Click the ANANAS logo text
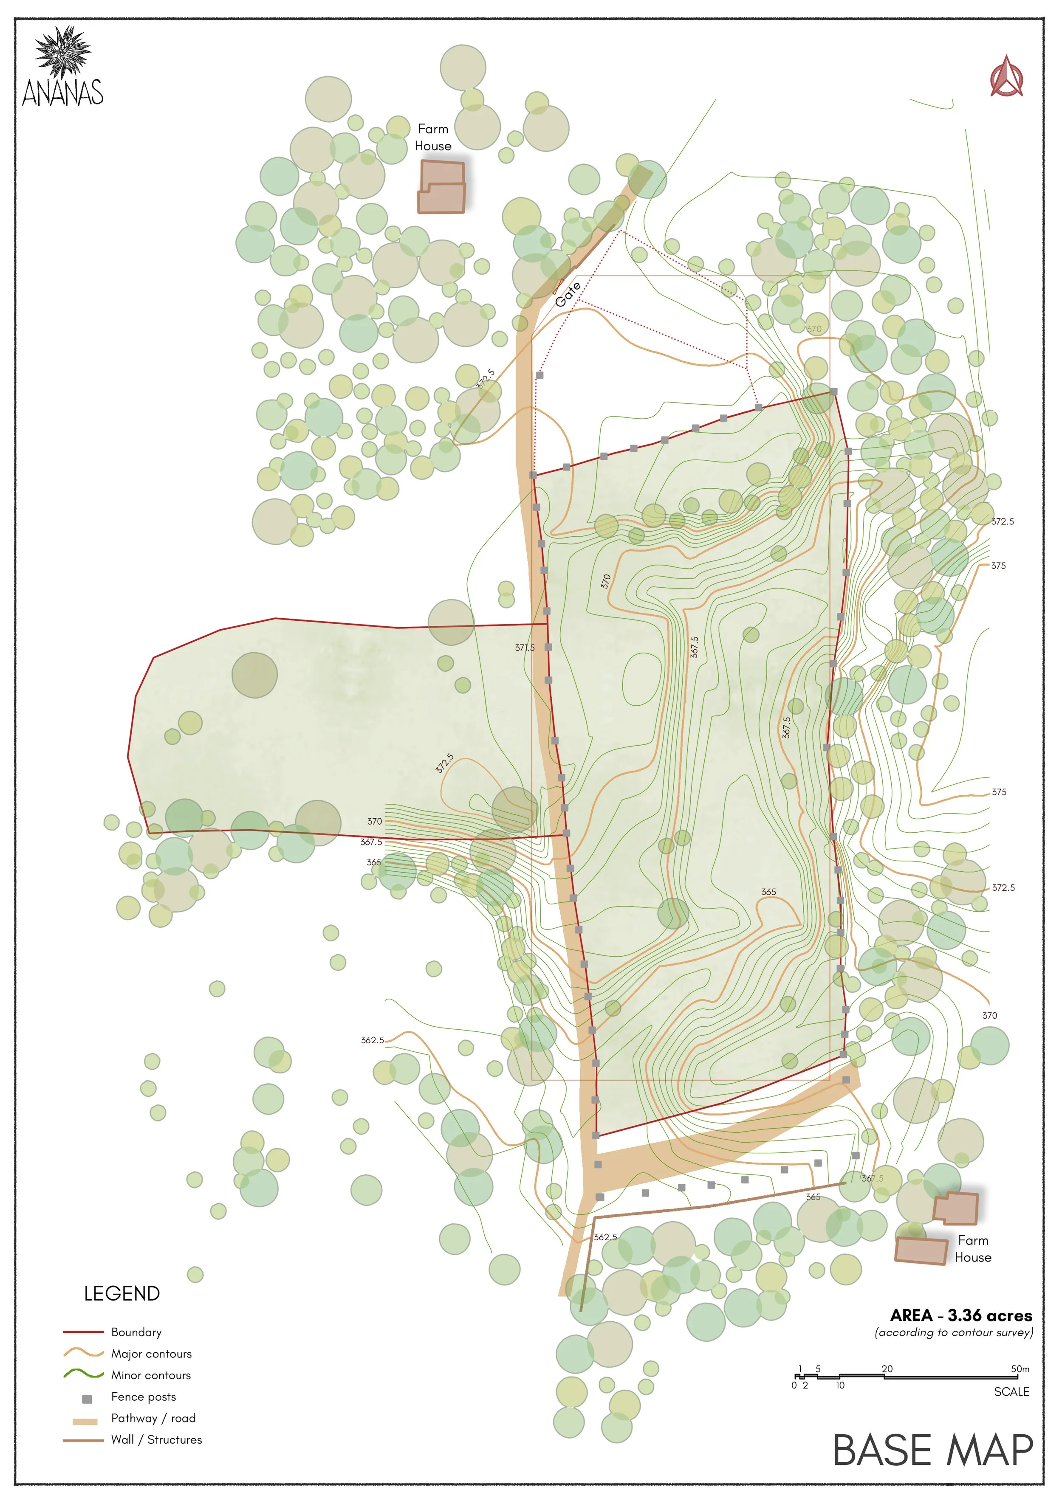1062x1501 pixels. click(x=63, y=92)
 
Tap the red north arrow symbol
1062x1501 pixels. click(x=1006, y=77)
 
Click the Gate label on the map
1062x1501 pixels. click(x=568, y=295)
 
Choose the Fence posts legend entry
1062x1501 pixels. click(x=143, y=1397)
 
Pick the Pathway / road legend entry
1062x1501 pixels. click(x=153, y=1418)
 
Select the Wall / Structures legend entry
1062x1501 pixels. click(x=156, y=1439)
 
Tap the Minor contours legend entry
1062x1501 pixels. click(x=150, y=1375)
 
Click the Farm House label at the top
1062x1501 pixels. click(x=433, y=137)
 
